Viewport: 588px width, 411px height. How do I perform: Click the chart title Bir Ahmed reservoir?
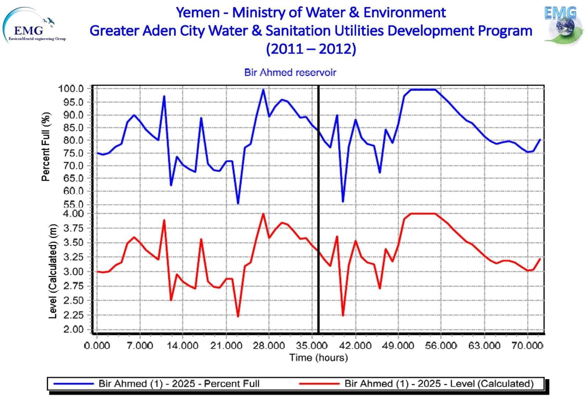coord(290,72)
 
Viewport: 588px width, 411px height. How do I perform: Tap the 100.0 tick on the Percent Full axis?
coord(71,89)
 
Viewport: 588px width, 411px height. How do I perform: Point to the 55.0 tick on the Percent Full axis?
coord(73,204)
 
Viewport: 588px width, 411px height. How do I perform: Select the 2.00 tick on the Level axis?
coord(73,329)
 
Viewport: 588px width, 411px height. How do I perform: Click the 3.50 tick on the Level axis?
coord(73,242)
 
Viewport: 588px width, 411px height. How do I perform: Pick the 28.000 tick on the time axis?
coord(269,346)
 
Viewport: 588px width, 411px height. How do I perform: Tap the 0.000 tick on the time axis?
coord(97,346)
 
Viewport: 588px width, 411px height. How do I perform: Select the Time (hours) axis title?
coord(318,358)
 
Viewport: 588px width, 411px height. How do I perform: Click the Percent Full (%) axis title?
coord(46,147)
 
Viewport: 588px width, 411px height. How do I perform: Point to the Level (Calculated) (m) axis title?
coord(53,271)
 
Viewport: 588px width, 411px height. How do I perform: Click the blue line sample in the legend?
coord(73,384)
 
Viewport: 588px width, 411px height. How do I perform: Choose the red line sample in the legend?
coord(319,384)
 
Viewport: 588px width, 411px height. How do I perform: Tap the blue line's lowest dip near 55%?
coord(238,203)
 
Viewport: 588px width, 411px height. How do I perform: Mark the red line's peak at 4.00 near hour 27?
coord(263,214)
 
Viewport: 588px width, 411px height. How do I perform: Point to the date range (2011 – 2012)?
coord(311,49)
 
